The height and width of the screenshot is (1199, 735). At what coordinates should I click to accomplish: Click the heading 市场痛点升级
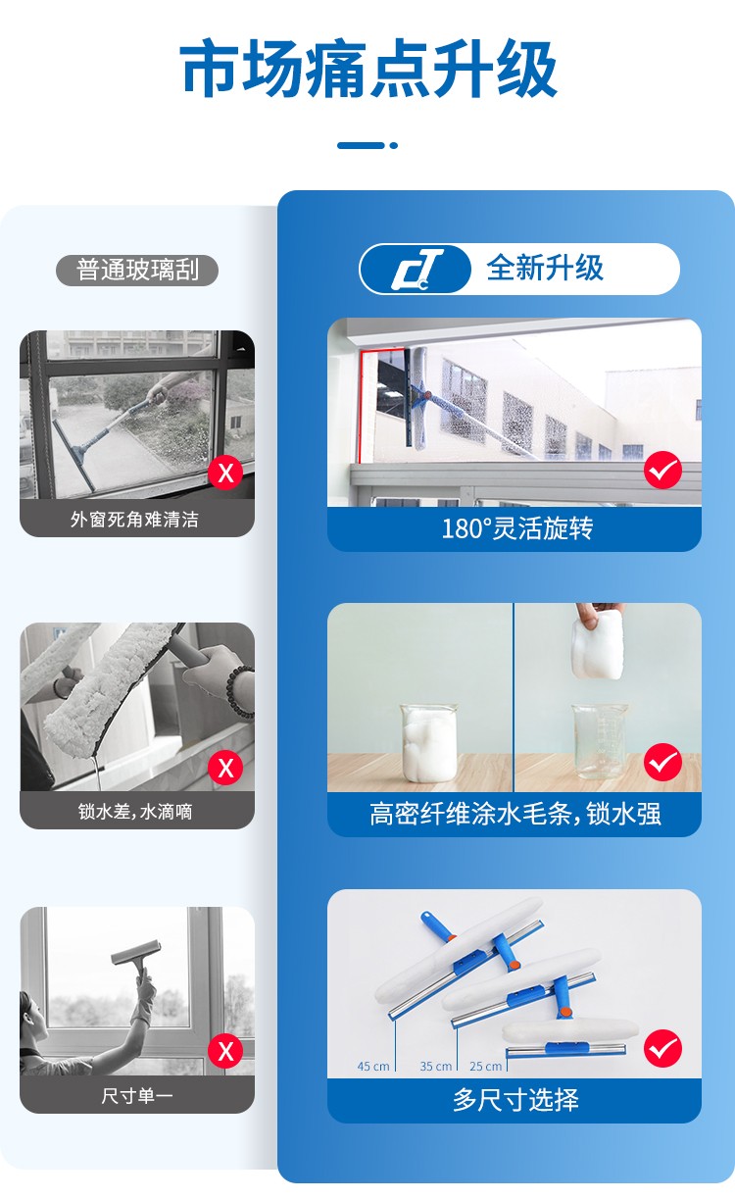(368, 69)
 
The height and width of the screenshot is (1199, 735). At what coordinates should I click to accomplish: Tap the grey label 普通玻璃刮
(137, 270)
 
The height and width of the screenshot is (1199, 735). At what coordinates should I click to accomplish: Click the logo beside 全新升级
(416, 269)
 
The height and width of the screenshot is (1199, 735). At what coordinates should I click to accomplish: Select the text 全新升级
(545, 268)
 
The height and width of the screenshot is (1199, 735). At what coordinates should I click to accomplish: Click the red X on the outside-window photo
(225, 473)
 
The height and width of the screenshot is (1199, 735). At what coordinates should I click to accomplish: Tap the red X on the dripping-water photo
(225, 768)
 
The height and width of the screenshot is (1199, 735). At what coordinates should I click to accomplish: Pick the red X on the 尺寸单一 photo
(225, 1051)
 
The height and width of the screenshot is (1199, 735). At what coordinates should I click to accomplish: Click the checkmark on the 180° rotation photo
(662, 470)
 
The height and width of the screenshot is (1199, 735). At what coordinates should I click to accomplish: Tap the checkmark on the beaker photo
(662, 762)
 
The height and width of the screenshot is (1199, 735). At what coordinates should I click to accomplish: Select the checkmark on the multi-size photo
(662, 1048)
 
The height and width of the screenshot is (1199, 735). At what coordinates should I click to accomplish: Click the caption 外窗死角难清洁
(135, 520)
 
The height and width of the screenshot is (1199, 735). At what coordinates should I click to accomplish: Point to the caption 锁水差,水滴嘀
(135, 812)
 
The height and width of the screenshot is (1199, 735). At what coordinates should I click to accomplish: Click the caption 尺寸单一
(137, 1096)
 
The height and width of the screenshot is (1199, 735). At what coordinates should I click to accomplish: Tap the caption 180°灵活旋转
(517, 528)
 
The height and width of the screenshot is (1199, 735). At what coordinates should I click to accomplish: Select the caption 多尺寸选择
(516, 1101)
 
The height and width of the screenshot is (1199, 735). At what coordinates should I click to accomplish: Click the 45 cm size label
(373, 1067)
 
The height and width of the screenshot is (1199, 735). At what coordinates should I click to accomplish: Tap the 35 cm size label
(436, 1067)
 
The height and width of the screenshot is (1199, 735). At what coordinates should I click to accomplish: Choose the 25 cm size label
(486, 1067)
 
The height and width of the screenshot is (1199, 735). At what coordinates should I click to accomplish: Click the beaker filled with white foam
(428, 742)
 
